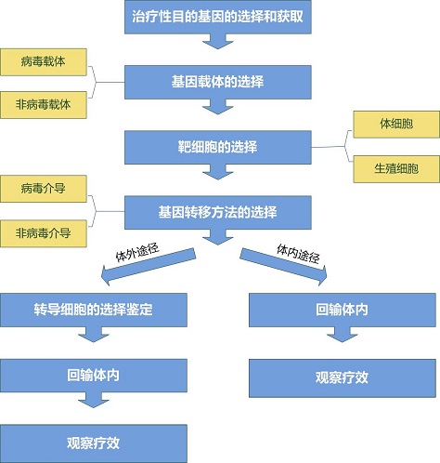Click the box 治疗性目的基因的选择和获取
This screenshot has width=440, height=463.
[x=218, y=17]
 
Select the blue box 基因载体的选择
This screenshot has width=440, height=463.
[x=218, y=82]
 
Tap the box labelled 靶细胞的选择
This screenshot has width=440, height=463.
[x=218, y=147]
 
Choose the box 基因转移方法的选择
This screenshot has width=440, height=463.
[x=218, y=213]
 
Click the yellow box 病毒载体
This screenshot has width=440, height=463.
[x=44, y=62]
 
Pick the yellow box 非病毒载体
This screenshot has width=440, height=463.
[x=44, y=105]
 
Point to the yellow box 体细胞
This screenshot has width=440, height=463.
[x=396, y=125]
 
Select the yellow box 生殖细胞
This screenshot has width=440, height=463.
[x=396, y=169]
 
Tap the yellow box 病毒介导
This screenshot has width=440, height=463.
[x=44, y=189]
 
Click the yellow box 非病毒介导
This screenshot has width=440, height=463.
[x=44, y=233]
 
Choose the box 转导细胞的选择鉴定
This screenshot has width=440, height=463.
[x=94, y=310]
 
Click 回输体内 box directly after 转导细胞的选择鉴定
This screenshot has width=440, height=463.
[x=94, y=376]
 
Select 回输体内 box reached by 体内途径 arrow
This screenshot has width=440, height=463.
[x=343, y=310]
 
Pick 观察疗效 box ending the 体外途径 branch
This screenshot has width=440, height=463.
[x=94, y=443]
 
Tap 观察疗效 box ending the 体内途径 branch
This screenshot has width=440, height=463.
[x=343, y=378]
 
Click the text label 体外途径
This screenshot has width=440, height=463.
[x=137, y=252]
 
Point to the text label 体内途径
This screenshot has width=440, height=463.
[x=298, y=254]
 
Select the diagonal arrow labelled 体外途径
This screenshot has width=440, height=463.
[x=149, y=267]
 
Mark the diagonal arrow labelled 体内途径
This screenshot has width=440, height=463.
[x=283, y=267]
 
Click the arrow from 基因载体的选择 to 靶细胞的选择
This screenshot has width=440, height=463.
[x=218, y=107]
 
